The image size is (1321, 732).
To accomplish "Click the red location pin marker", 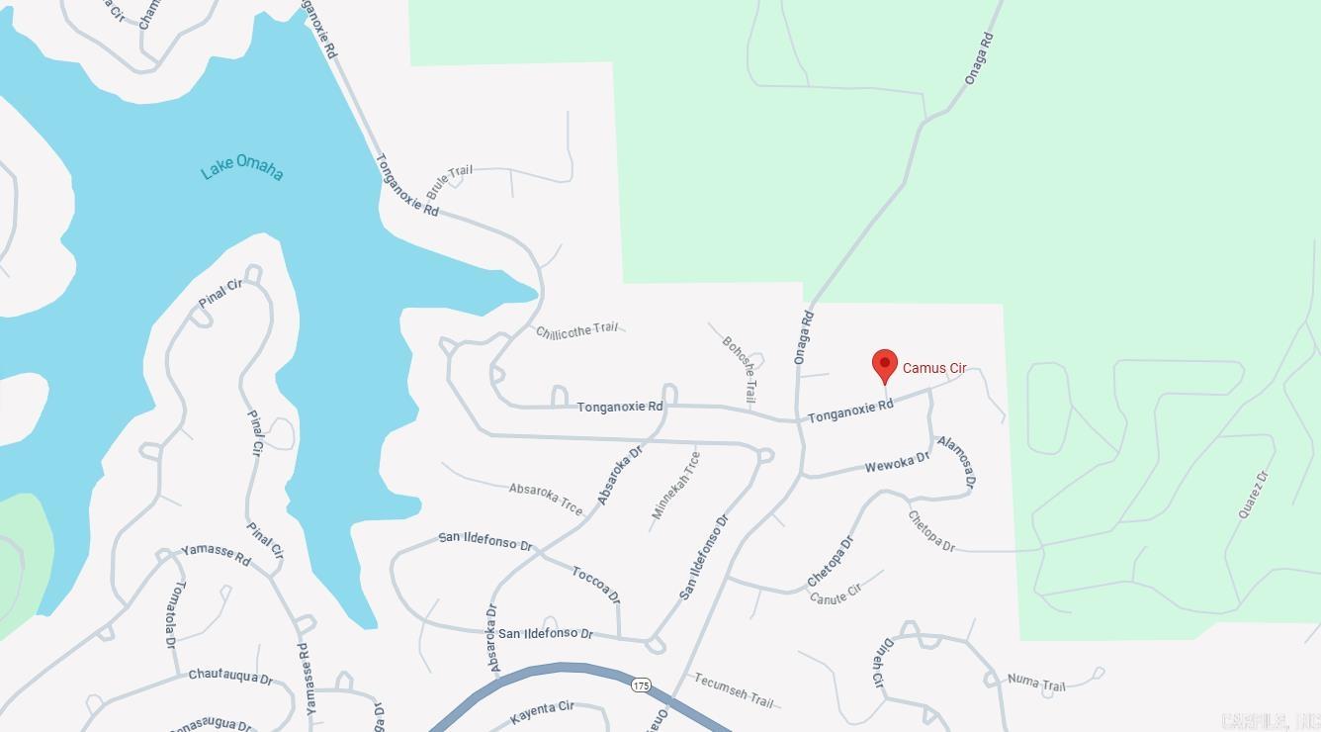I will tap(885, 365).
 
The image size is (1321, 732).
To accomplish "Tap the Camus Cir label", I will tap(934, 368).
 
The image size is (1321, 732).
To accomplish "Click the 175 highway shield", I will tap(641, 685).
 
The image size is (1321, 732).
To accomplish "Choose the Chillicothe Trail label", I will tap(576, 330).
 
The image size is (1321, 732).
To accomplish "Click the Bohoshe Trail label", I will tap(740, 369).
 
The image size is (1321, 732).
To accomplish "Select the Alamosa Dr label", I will tap(957, 461).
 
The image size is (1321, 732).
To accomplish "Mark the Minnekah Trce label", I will tap(677, 485).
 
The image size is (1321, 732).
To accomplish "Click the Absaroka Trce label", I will tap(546, 498).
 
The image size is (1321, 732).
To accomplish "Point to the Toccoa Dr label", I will tap(595, 584).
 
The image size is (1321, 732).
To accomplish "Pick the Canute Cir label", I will tap(836, 595).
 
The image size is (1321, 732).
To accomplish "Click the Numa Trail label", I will tap(1036, 682).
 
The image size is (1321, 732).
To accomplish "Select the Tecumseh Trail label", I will tap(734, 689).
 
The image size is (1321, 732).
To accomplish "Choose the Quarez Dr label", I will tap(1253, 494).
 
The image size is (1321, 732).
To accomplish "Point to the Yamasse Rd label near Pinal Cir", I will tap(216, 555).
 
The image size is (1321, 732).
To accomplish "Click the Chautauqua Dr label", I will tap(230, 677).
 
